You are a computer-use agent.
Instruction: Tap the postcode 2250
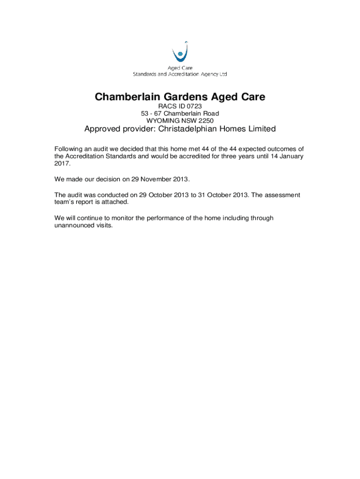coord(206,120)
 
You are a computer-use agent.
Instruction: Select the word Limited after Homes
coord(259,129)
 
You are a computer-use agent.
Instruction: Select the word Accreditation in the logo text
coord(180,74)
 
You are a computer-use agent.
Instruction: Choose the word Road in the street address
coord(210,114)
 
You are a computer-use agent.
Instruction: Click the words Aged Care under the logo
coord(180,68)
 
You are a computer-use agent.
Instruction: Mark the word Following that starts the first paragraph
coord(69,149)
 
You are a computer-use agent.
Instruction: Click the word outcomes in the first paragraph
coord(282,149)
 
